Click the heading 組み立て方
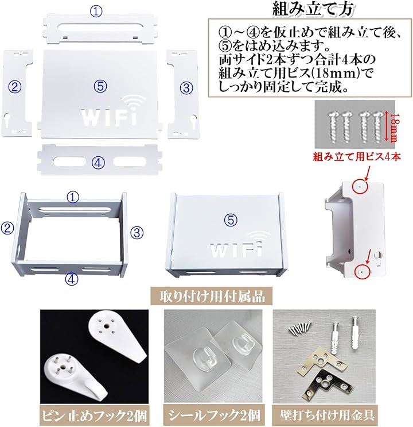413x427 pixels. pyautogui.click(x=313, y=9)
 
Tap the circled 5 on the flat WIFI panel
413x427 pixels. pyautogui.click(x=100, y=86)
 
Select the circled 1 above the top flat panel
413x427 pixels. pyautogui.click(x=96, y=11)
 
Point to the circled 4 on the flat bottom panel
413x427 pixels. pyautogui.click(x=98, y=163)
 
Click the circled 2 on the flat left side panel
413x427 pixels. pyautogui.click(x=15, y=87)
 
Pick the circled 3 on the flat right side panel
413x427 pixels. pyautogui.click(x=186, y=88)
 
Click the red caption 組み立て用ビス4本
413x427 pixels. pyautogui.click(x=357, y=156)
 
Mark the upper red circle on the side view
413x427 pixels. pyautogui.click(x=360, y=186)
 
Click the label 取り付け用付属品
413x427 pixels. pyautogui.click(x=212, y=296)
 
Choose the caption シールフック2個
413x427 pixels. pyautogui.click(x=213, y=416)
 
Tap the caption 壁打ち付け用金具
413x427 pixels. pyautogui.click(x=327, y=416)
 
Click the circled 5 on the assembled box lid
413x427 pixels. pyautogui.click(x=231, y=220)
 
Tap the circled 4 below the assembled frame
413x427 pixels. pyautogui.click(x=72, y=279)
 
